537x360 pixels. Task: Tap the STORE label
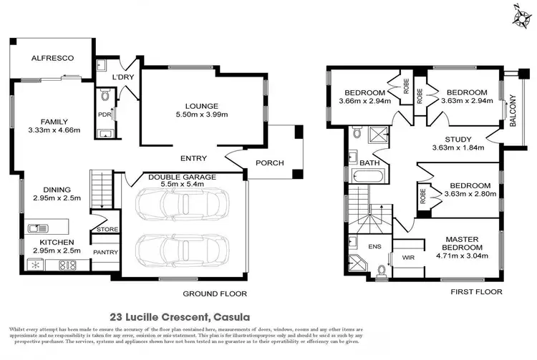(x=107, y=230)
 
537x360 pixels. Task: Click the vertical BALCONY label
(x=512, y=112)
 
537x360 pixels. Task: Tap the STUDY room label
(x=458, y=139)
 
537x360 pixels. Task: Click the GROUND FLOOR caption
(x=214, y=293)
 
